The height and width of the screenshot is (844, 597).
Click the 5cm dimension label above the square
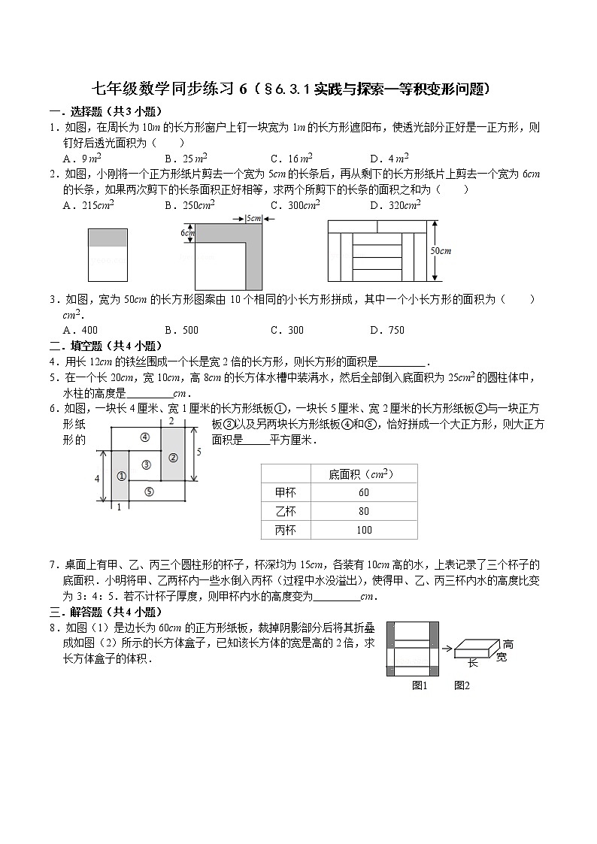tap(253, 219)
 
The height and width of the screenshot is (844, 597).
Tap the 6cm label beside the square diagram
tap(188, 233)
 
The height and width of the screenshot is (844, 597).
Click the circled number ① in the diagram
tap(120, 476)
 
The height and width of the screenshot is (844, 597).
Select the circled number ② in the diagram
tap(172, 456)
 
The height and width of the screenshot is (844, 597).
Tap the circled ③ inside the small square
tap(146, 464)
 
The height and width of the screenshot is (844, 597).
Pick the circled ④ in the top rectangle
tap(145, 437)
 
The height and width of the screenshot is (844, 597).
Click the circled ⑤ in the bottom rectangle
tap(149, 492)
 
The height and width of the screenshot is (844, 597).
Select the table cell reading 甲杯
tap(286, 492)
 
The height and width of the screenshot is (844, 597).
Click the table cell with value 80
tap(364, 511)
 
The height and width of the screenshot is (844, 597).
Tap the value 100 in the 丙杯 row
tap(364, 530)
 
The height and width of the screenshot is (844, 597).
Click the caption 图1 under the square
tap(420, 685)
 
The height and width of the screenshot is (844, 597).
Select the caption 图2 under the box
tap(461, 685)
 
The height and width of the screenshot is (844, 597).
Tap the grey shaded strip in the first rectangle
tap(108, 237)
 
